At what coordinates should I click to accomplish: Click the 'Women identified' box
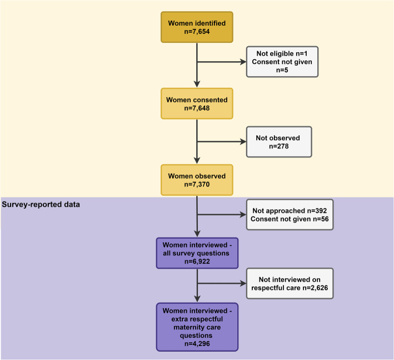coord(197,26)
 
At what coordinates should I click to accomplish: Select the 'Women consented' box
coord(197,103)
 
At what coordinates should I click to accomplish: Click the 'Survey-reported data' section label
coord(41,204)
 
